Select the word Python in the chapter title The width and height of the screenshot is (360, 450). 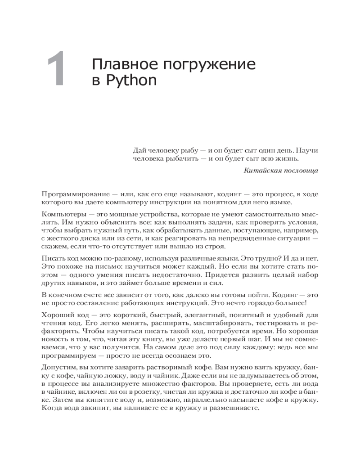[x=130, y=81]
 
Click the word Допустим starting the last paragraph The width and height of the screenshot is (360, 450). [x=57, y=368]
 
